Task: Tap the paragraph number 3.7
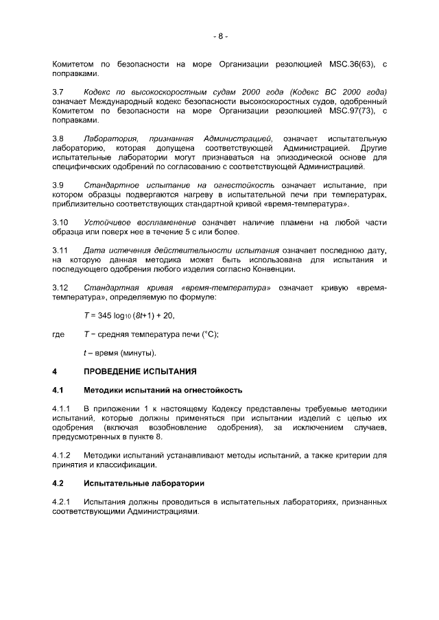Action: tap(58, 91)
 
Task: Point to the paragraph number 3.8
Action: tap(58, 138)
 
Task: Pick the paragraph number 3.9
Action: tap(58, 185)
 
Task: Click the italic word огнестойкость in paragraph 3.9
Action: tap(244, 185)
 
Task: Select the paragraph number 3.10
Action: tap(60, 223)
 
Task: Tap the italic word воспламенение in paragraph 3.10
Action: tap(172, 223)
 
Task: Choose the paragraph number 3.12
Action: tap(60, 288)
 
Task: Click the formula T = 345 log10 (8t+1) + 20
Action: tap(129, 316)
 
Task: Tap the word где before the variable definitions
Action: tap(59, 334)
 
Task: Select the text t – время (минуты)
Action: tap(120, 354)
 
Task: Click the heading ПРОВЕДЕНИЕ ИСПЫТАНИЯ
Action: tap(140, 372)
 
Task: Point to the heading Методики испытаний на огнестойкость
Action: tap(163, 390)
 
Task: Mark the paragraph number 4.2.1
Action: tap(62, 502)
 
